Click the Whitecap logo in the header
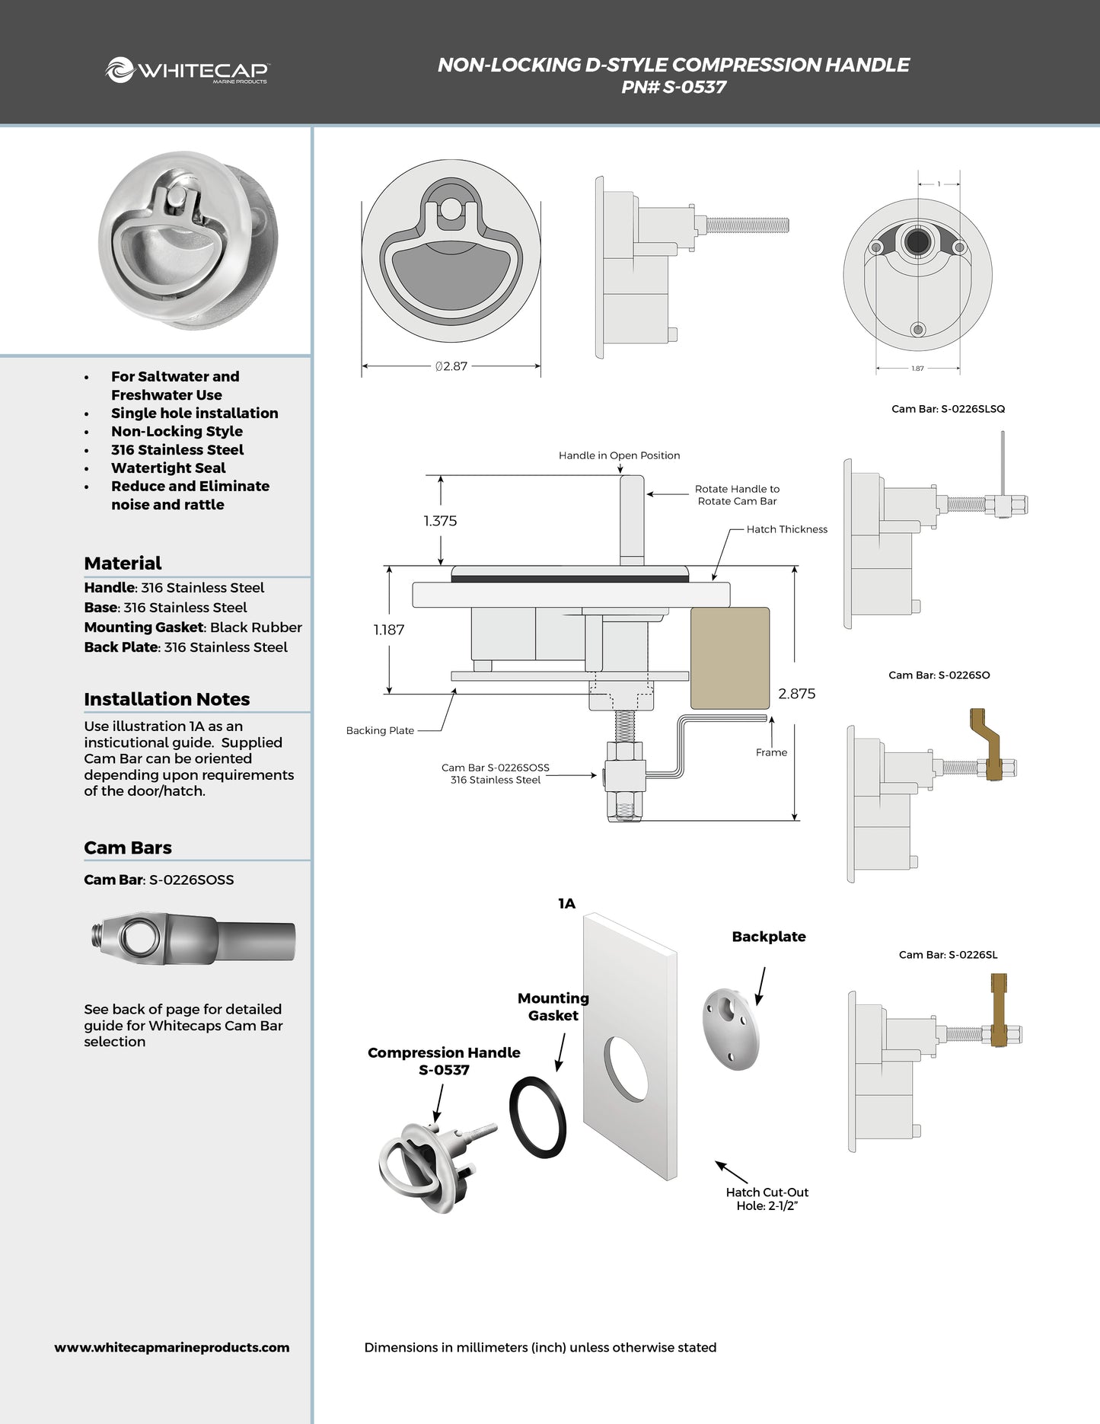pos(187,71)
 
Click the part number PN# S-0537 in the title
pos(673,87)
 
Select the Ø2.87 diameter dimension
pos(451,366)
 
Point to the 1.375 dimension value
pos(440,521)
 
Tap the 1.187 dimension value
pos(388,630)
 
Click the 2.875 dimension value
pos(796,694)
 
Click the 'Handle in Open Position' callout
pos(619,455)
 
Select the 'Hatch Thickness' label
pos(786,529)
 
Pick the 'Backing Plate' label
pos(380,730)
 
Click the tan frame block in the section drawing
pos(729,658)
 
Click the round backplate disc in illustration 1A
pos(731,1030)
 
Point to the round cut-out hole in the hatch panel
pos(626,1068)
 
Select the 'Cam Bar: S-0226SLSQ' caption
pos(948,409)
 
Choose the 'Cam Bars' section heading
pos(128,848)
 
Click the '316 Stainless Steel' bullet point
pos(177,450)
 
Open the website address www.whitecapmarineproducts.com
pos(172,1347)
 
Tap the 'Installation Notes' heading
pos(167,699)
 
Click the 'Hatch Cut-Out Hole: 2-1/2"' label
pos(767,1199)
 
